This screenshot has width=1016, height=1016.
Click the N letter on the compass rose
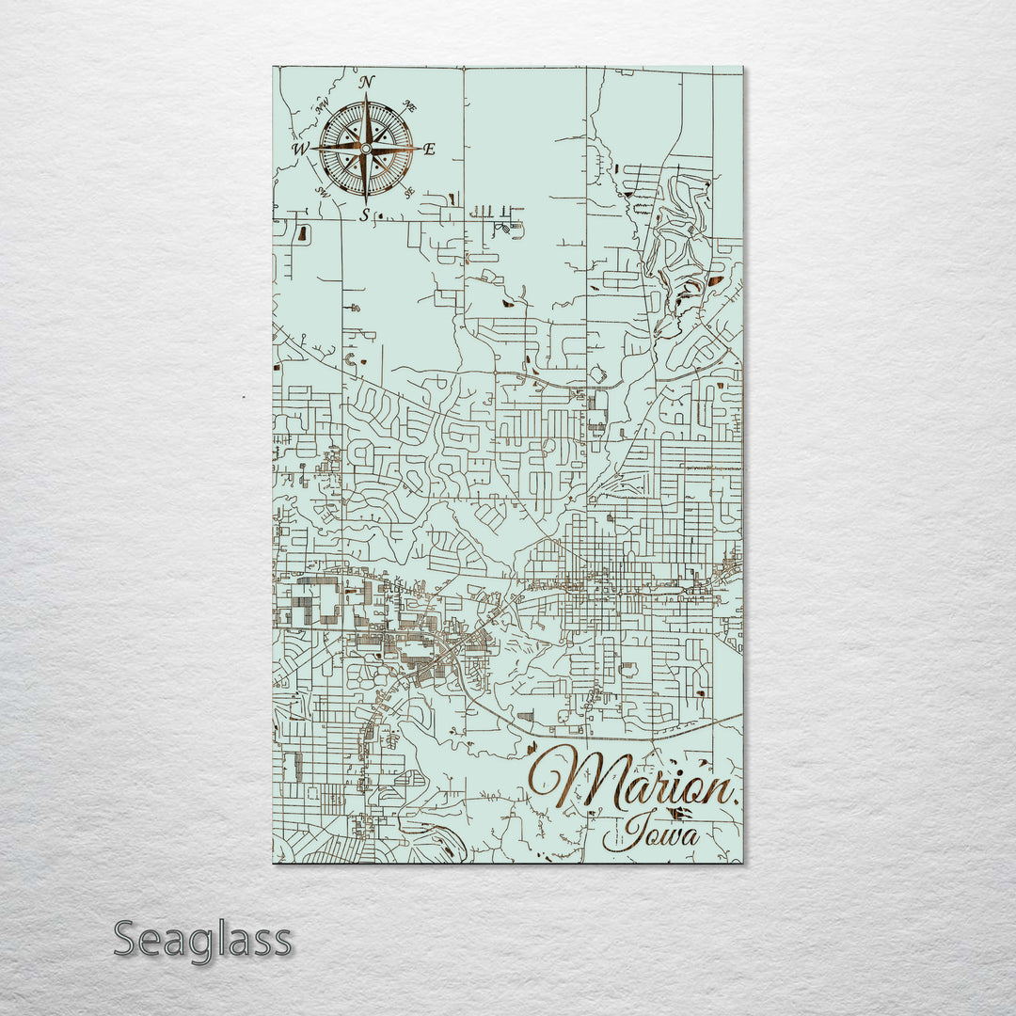(367, 82)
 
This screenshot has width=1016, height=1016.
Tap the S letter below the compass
(365, 215)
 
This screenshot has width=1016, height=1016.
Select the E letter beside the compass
(429, 150)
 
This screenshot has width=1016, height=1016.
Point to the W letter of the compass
(300, 149)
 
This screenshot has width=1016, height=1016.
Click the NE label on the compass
(409, 106)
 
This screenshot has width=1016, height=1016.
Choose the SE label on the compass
(409, 192)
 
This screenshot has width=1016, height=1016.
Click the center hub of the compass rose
(365, 149)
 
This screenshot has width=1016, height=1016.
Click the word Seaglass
(202, 939)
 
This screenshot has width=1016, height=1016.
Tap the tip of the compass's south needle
(365, 202)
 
